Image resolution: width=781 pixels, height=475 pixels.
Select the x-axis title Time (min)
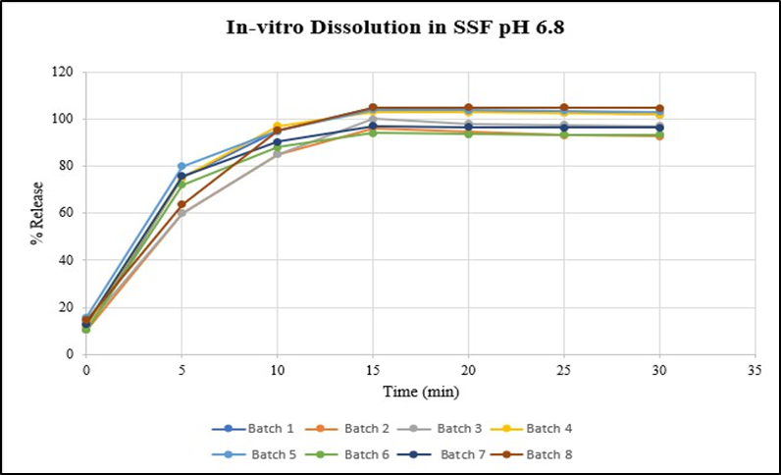point(420,392)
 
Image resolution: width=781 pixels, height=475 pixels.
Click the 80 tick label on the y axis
point(67,167)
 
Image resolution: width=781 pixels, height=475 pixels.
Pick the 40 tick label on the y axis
point(67,260)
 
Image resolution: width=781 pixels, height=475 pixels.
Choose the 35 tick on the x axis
point(755,372)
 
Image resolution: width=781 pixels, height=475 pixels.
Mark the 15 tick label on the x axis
point(373,372)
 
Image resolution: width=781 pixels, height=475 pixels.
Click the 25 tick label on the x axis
point(564,372)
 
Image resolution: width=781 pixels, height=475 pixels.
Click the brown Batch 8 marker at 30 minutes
point(659,108)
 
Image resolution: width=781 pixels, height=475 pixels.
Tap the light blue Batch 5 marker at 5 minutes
point(182,167)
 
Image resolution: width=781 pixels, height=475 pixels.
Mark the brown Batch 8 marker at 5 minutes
point(182,205)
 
